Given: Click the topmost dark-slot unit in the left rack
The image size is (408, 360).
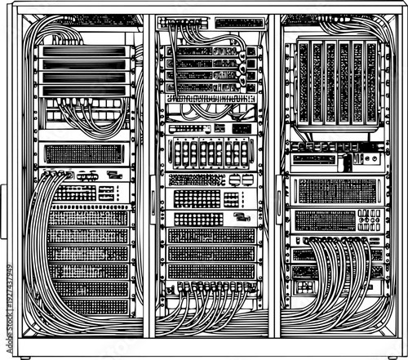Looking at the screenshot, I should pyautogui.click(x=85, y=51).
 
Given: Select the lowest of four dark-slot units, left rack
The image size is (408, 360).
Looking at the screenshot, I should pyautogui.click(x=85, y=89).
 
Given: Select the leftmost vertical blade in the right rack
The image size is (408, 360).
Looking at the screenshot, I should pyautogui.click(x=304, y=82).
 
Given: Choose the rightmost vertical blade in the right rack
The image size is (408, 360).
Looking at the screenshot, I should pyautogui.click(x=372, y=82).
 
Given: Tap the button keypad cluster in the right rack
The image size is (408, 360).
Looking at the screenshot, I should pyautogui.click(x=369, y=219).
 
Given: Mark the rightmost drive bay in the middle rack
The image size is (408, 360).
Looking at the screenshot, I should pyautogui.click(x=244, y=153).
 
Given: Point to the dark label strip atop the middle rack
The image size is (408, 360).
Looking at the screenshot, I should pyautogui.click(x=239, y=23).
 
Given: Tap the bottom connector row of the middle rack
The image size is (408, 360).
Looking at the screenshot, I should pyautogui.click(x=211, y=287).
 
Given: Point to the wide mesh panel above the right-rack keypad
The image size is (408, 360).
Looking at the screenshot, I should pyautogui.click(x=336, y=191).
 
